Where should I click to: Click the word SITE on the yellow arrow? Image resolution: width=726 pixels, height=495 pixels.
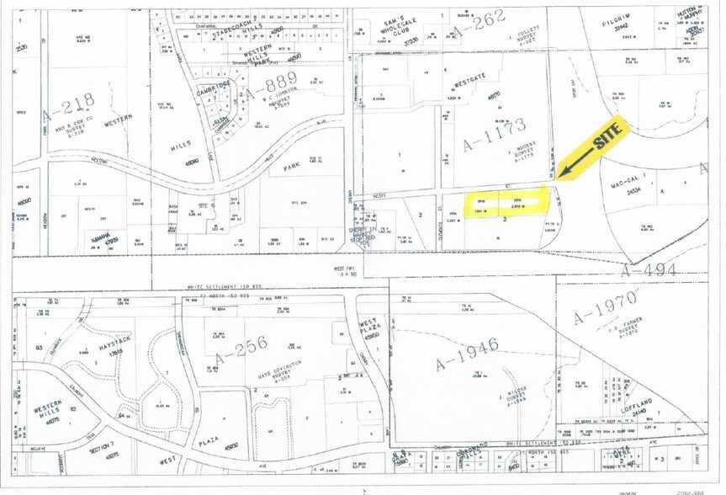(x=611, y=137)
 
